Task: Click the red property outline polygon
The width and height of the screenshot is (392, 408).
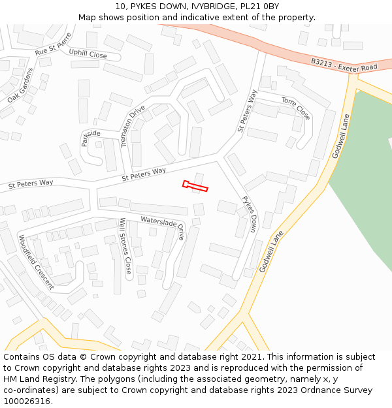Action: pyautogui.click(x=195, y=187)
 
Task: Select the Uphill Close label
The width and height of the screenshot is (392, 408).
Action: pyautogui.click(x=88, y=55)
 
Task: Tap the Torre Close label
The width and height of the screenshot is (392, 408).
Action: pyautogui.click(x=296, y=108)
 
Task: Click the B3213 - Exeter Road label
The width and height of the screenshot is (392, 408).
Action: pyautogui.click(x=344, y=65)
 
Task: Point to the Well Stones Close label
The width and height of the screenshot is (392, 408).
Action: pyautogui.click(x=125, y=245)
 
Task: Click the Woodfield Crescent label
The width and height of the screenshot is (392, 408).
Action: pyautogui.click(x=36, y=261)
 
